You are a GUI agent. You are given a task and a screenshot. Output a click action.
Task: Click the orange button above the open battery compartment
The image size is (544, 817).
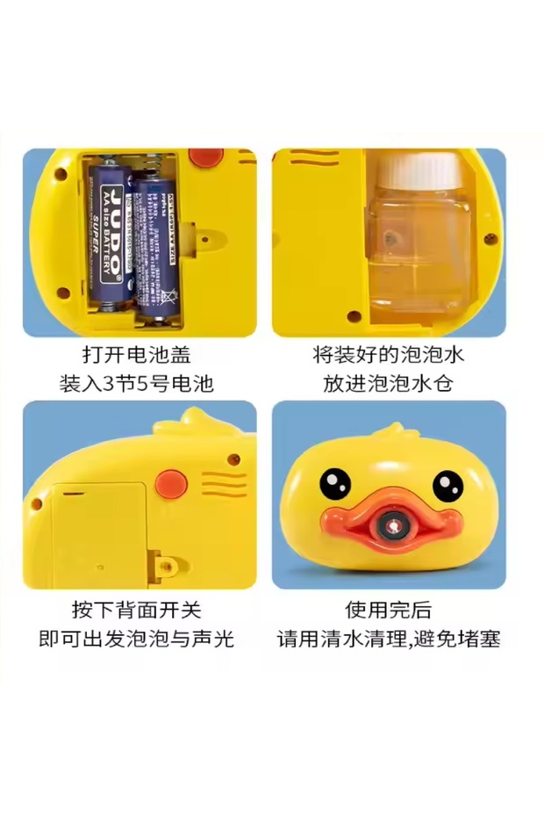pos(209,159)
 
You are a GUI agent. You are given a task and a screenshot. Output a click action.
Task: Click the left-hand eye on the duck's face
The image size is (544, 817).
pos(333,482)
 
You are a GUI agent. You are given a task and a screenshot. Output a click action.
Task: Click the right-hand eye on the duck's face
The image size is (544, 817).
pos(447,483)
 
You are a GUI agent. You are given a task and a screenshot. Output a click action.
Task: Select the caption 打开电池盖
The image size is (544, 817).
pos(137,356)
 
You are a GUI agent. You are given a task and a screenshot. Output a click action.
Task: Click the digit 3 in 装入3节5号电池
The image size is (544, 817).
pos(108,384)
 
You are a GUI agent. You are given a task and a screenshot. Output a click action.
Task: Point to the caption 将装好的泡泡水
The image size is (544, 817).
pos(388,356)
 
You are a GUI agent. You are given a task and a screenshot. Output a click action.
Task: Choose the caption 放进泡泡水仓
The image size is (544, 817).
pos(388,384)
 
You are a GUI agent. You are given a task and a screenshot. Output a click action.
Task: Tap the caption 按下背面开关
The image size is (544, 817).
pos(137,610)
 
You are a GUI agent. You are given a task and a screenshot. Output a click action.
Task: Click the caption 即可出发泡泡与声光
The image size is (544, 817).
pos(137,639)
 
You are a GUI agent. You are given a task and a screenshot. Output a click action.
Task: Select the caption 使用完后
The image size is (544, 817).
pos(388,610)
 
